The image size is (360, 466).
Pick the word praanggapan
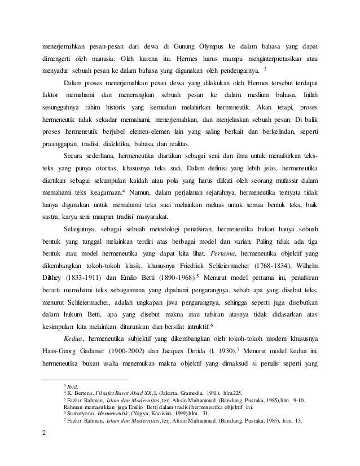(x=62, y=143)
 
